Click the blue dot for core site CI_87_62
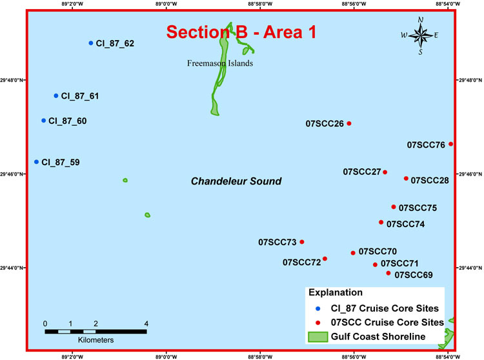(x=91, y=43)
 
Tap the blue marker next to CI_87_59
(x=36, y=162)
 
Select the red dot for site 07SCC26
(x=349, y=123)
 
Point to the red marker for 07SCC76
(x=450, y=144)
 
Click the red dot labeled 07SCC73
(x=302, y=242)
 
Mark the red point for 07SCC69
(x=388, y=274)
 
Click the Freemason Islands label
(x=219, y=63)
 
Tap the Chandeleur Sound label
(x=236, y=181)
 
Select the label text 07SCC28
(x=429, y=180)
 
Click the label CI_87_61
(x=80, y=96)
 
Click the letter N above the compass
(x=420, y=20)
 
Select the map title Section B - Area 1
(x=241, y=32)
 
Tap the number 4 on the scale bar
(x=146, y=323)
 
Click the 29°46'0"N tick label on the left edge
(x=12, y=174)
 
